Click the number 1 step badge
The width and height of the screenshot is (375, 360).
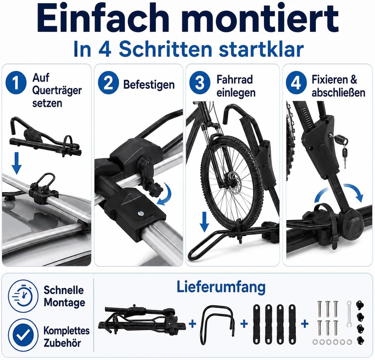click(16, 83)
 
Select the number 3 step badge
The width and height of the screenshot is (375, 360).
click(200, 83)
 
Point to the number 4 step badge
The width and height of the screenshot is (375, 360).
click(296, 83)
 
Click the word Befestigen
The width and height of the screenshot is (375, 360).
click(149, 85)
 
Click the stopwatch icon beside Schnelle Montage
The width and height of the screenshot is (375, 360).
click(23, 296)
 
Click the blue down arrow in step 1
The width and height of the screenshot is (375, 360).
click(17, 163)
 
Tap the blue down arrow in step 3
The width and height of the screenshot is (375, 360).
click(204, 222)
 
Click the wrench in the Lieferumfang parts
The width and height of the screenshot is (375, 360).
click(349, 314)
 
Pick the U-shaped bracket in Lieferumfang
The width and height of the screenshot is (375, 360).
click(217, 324)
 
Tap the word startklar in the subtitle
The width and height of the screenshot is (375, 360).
click(261, 50)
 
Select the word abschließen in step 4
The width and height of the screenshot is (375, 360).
click(338, 93)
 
